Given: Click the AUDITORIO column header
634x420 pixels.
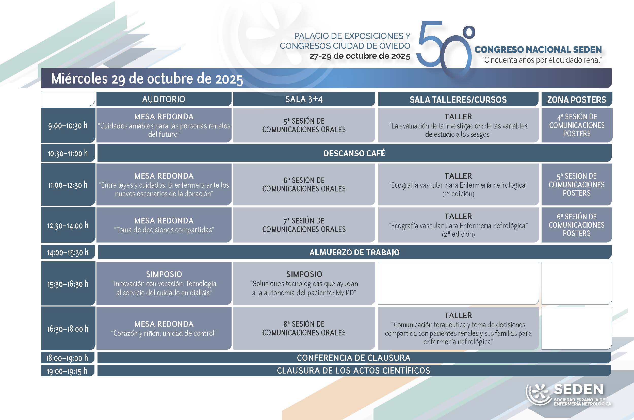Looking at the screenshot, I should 164,99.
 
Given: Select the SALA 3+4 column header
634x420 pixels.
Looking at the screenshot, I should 304,99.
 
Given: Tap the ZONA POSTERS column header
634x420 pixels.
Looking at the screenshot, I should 576,99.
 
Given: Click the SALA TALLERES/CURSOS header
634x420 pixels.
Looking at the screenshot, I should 458,99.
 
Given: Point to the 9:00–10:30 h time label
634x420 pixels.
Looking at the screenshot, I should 68,125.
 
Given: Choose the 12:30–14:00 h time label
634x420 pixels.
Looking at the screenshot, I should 68,225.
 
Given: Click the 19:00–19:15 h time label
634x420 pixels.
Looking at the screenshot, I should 67,371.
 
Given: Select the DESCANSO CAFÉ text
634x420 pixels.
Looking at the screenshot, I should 354,153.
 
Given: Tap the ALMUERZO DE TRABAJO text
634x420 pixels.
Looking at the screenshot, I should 354,252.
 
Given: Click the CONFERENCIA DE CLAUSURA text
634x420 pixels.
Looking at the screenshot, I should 353,358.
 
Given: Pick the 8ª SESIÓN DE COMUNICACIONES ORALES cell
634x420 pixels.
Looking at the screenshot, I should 304,328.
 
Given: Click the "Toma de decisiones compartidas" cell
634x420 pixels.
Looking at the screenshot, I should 164,225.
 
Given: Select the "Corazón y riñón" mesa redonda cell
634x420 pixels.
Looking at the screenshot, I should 164,328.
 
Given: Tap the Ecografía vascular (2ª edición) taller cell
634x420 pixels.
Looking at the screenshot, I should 458,225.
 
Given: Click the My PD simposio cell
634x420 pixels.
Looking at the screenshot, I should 304,283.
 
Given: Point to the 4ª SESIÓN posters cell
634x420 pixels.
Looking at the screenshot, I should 577,125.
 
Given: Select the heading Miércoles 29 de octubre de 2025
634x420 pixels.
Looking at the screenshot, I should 147,78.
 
